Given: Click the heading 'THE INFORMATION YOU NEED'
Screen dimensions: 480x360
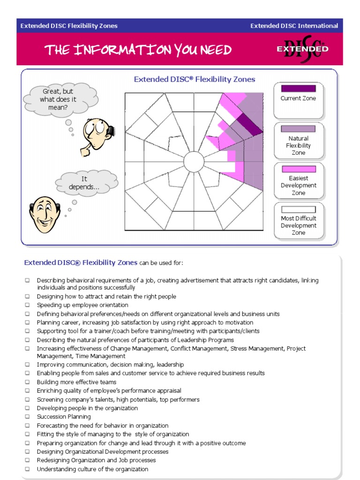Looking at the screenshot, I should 138,50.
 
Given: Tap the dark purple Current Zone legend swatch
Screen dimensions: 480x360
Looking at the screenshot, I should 298,88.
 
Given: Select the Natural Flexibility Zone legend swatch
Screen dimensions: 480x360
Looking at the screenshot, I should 298,128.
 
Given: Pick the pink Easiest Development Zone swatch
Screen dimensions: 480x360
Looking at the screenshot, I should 298,169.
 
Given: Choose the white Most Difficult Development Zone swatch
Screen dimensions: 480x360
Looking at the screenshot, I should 298,210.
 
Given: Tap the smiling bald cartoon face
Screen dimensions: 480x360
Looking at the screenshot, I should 45,215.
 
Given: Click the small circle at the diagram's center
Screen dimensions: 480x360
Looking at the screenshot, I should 194,162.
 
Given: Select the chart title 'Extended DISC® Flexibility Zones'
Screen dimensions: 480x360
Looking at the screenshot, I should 195,79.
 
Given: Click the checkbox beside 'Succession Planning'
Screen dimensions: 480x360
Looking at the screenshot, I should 28,417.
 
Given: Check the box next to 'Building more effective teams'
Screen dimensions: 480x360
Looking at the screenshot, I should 28,382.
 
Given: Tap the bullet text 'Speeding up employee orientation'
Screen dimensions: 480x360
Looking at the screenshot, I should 82,305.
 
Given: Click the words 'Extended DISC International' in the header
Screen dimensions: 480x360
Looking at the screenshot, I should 294,26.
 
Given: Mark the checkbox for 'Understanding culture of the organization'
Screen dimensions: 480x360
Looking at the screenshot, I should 28,469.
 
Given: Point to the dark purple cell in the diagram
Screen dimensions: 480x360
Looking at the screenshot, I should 248,124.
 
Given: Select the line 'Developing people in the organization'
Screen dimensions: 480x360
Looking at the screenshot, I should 87,408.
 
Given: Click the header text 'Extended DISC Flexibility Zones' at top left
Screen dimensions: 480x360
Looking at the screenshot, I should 69,26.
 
